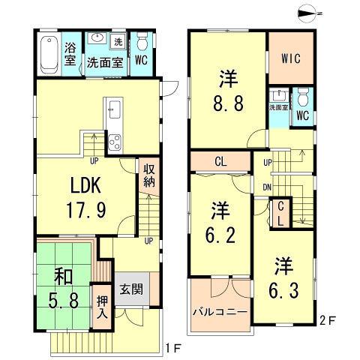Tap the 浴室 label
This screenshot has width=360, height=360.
(x=70, y=55)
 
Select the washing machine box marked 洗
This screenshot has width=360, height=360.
(x=118, y=40)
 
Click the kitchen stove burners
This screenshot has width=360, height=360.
(x=114, y=139)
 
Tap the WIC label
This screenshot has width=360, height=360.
(x=292, y=57)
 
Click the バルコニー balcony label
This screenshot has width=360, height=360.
(x=220, y=310)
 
